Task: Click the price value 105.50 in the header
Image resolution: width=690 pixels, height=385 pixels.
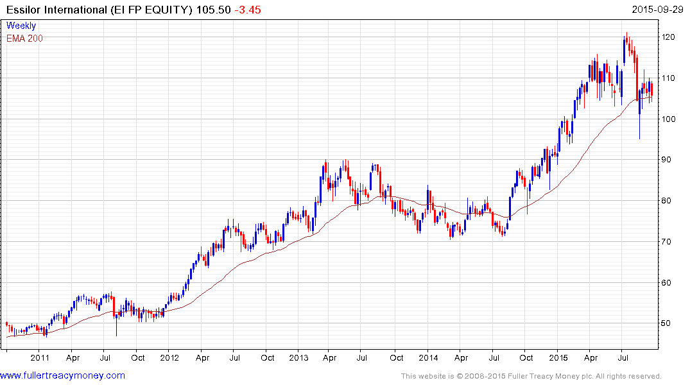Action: (x=213, y=10)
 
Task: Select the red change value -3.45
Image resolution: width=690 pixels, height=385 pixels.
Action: (x=247, y=10)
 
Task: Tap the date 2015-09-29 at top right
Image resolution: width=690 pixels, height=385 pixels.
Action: (x=660, y=10)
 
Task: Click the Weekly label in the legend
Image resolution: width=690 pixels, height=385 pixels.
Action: (x=21, y=26)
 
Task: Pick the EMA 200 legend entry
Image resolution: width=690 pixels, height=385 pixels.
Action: (x=25, y=38)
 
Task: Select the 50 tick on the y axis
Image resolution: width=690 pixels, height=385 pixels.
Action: (x=670, y=323)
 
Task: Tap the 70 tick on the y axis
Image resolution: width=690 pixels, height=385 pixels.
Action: (x=670, y=242)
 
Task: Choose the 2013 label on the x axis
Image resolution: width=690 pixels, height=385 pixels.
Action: (x=298, y=357)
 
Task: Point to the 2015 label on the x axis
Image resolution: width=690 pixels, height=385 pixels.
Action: (x=558, y=357)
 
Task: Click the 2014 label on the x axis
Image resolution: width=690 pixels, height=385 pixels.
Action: (x=428, y=357)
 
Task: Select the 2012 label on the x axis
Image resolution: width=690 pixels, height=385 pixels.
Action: (x=169, y=357)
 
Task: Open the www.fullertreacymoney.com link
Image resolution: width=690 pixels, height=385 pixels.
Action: (x=62, y=375)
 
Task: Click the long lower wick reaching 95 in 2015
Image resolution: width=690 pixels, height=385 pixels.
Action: (x=639, y=132)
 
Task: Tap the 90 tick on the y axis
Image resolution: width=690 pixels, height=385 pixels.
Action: (x=670, y=160)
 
